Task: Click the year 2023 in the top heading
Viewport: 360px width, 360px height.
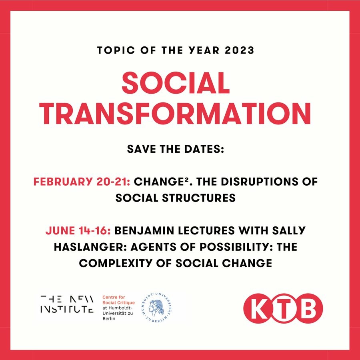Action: point(239,50)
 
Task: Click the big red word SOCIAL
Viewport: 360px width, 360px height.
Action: point(176,83)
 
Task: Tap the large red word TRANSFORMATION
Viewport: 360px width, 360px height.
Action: point(175,114)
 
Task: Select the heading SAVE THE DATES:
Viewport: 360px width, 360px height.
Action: point(176,149)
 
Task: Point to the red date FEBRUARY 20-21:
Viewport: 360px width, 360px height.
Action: point(82,182)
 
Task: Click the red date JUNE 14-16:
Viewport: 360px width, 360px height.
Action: point(78,230)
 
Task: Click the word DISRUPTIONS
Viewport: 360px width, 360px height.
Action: point(259,182)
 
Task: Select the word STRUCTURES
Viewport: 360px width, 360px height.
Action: point(199,198)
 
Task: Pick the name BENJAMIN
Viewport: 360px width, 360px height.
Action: point(144,230)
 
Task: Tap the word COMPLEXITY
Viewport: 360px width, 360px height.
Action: point(116,263)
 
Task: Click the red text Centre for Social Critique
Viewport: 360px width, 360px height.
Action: point(118,300)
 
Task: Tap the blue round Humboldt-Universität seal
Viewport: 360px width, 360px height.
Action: point(157,308)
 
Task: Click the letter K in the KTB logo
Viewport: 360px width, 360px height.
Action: point(258,308)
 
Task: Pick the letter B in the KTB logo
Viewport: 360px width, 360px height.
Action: point(308,308)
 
